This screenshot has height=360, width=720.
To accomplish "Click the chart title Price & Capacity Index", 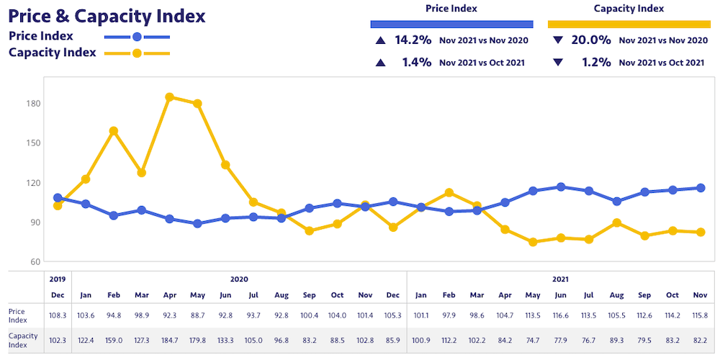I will point(107,16).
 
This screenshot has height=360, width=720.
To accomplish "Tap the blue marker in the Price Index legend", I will point(137,36).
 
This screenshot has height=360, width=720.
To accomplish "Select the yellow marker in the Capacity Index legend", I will point(137,53).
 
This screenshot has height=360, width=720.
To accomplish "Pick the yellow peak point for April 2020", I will point(170,97).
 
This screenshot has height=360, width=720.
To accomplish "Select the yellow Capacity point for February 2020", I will point(114,131).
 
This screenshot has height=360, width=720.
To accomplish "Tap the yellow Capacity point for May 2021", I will point(534,242).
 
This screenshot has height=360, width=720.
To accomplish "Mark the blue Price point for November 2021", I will point(701,188).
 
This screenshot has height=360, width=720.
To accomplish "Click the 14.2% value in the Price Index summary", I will point(413,40).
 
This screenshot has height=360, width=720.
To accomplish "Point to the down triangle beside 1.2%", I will point(557,63).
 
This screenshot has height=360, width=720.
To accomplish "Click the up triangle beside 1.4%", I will point(379,63).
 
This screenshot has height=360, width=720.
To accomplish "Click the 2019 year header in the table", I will point(58,279).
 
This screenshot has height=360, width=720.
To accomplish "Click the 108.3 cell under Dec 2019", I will point(58,315).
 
